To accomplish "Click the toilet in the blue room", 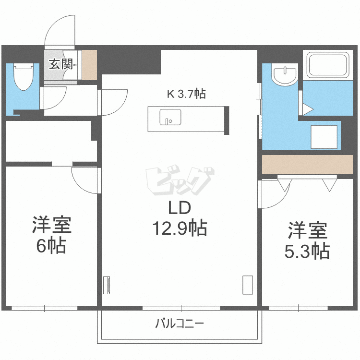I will point(23,77).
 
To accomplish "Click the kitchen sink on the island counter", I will point(169,117).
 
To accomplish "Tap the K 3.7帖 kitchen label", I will point(186,94).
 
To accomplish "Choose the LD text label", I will point(179,208).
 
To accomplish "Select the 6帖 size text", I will point(51,246).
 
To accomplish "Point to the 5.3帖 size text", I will point(307,251).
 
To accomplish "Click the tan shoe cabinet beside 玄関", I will point(90,65).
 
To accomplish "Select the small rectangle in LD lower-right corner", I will point(248,285).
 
